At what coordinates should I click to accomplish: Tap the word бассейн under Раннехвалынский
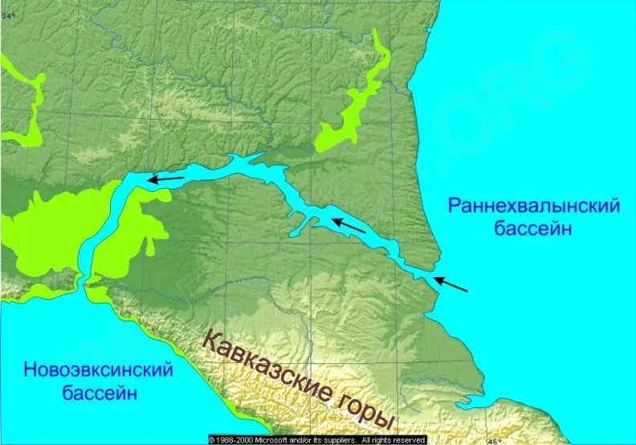tap(533, 229)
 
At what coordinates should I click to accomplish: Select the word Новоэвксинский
tap(99, 371)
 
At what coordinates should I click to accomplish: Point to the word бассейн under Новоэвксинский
tap(100, 394)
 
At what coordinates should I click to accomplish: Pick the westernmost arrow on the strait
tap(165, 179)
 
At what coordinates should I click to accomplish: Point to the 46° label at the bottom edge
tap(495, 440)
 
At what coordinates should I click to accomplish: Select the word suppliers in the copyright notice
tap(337, 440)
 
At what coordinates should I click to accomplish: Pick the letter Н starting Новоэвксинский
tap(30, 371)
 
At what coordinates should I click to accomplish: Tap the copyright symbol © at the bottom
tap(212, 440)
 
